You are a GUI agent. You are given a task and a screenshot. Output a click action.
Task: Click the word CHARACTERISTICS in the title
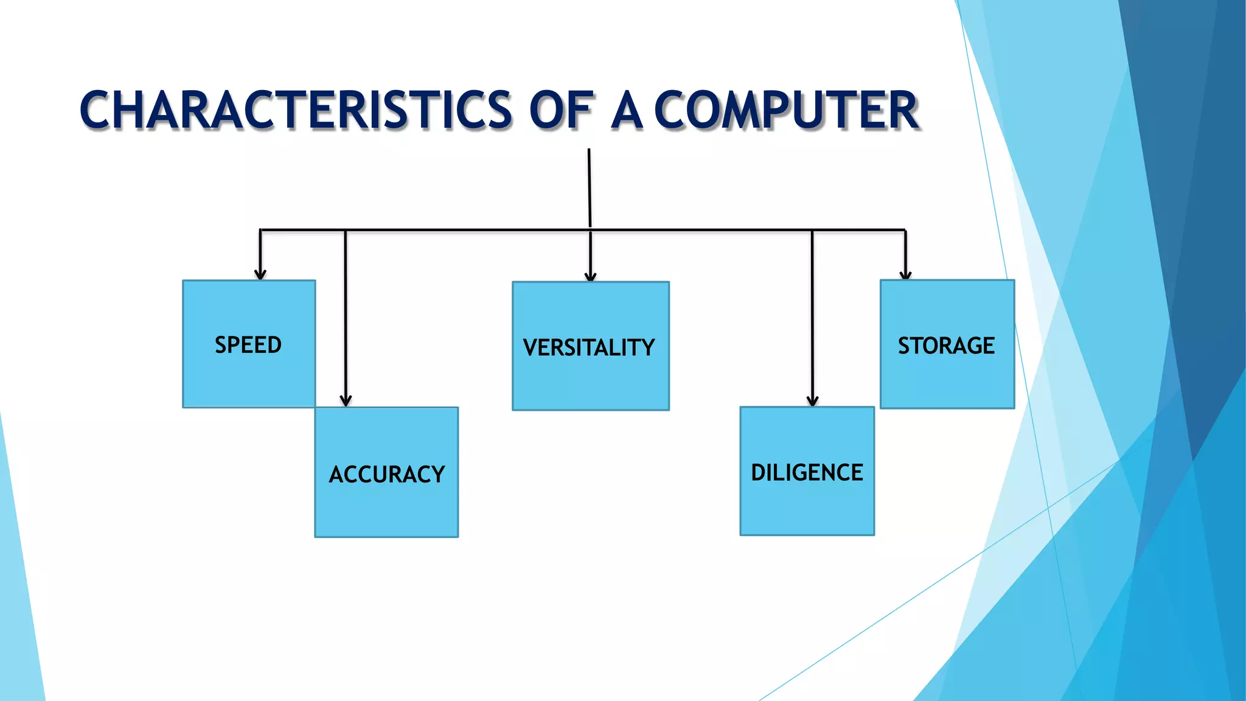[x=296, y=110]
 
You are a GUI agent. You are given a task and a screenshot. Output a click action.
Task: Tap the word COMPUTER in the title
[x=786, y=110]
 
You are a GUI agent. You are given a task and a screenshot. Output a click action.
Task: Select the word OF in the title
[x=560, y=110]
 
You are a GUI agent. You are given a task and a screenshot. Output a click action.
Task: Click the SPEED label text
[x=248, y=345]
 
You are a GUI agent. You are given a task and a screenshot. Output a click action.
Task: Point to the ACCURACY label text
[x=387, y=474]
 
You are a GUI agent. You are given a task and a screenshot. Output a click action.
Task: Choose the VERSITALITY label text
[x=589, y=347]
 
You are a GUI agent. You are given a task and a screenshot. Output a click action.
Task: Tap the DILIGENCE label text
[x=807, y=472]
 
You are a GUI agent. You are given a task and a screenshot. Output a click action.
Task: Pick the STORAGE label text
[x=946, y=346]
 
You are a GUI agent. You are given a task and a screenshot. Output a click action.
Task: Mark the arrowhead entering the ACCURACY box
[x=346, y=401]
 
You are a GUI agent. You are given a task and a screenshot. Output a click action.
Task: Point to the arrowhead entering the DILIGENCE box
[x=812, y=401]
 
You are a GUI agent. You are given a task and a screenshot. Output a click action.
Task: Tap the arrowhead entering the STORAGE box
[x=905, y=275]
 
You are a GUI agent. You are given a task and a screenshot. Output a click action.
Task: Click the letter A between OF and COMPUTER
[x=627, y=110]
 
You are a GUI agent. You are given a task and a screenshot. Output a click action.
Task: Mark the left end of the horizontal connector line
[x=262, y=230]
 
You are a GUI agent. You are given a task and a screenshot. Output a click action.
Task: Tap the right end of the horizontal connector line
[x=904, y=230]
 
